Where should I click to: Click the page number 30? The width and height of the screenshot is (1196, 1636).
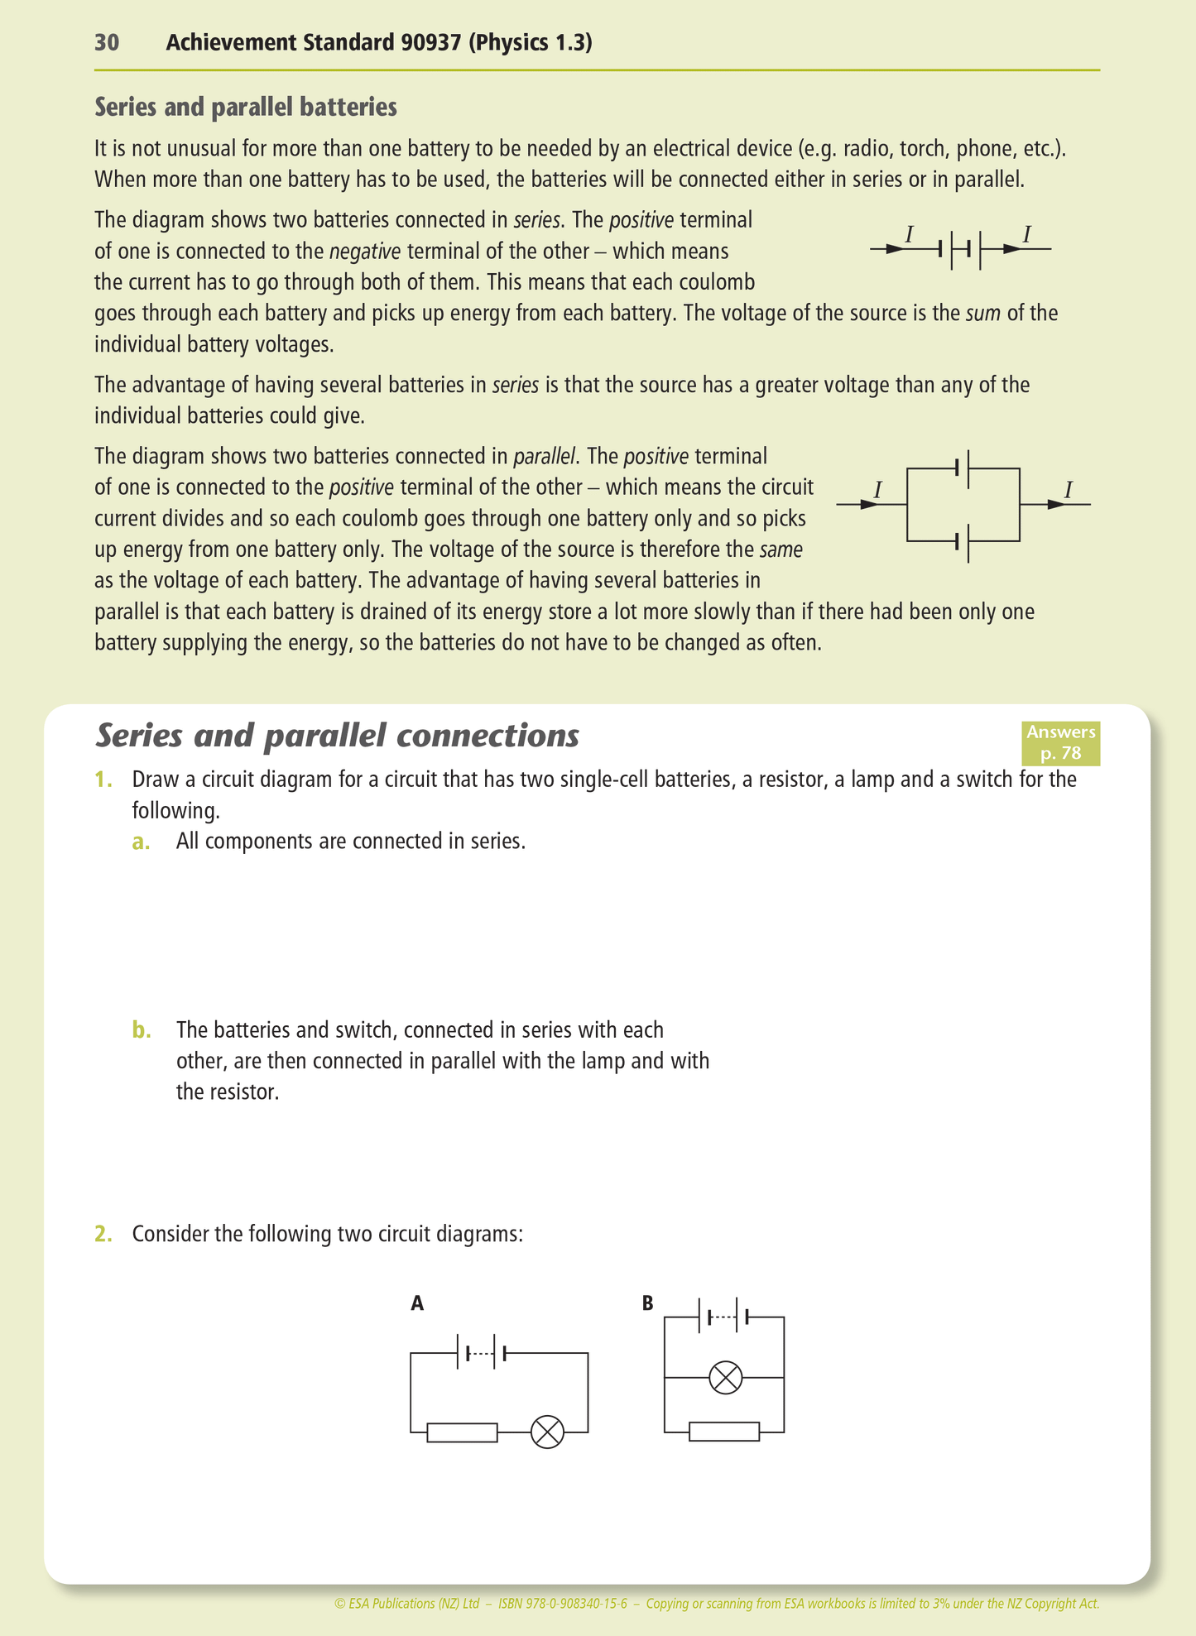point(107,43)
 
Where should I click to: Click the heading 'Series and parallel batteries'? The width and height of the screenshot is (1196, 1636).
point(245,108)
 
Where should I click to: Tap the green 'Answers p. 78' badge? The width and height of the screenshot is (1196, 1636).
point(1059,742)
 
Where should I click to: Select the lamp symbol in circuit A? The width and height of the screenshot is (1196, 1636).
point(547,1432)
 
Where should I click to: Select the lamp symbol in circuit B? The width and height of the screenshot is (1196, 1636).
point(726,1378)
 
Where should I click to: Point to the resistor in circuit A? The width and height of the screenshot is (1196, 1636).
point(462,1432)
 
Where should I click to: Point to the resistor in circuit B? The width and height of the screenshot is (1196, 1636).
point(723,1432)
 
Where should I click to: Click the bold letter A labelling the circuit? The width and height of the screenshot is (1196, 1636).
point(417,1303)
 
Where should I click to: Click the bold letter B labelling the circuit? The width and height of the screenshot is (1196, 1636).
point(647,1303)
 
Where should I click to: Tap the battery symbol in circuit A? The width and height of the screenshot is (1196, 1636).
point(482,1353)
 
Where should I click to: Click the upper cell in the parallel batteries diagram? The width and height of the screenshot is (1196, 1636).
point(963,468)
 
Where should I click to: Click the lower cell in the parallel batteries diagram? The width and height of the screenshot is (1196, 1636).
point(963,541)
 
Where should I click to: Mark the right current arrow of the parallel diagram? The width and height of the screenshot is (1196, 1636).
point(1057,504)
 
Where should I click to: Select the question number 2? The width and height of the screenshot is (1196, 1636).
point(103,1234)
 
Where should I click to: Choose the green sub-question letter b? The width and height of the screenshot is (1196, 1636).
point(142,1030)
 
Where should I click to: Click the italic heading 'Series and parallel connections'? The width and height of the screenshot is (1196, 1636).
point(337,736)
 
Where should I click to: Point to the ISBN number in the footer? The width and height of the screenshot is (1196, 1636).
point(562,1603)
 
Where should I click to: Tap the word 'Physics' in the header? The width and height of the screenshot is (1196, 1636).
point(506,43)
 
